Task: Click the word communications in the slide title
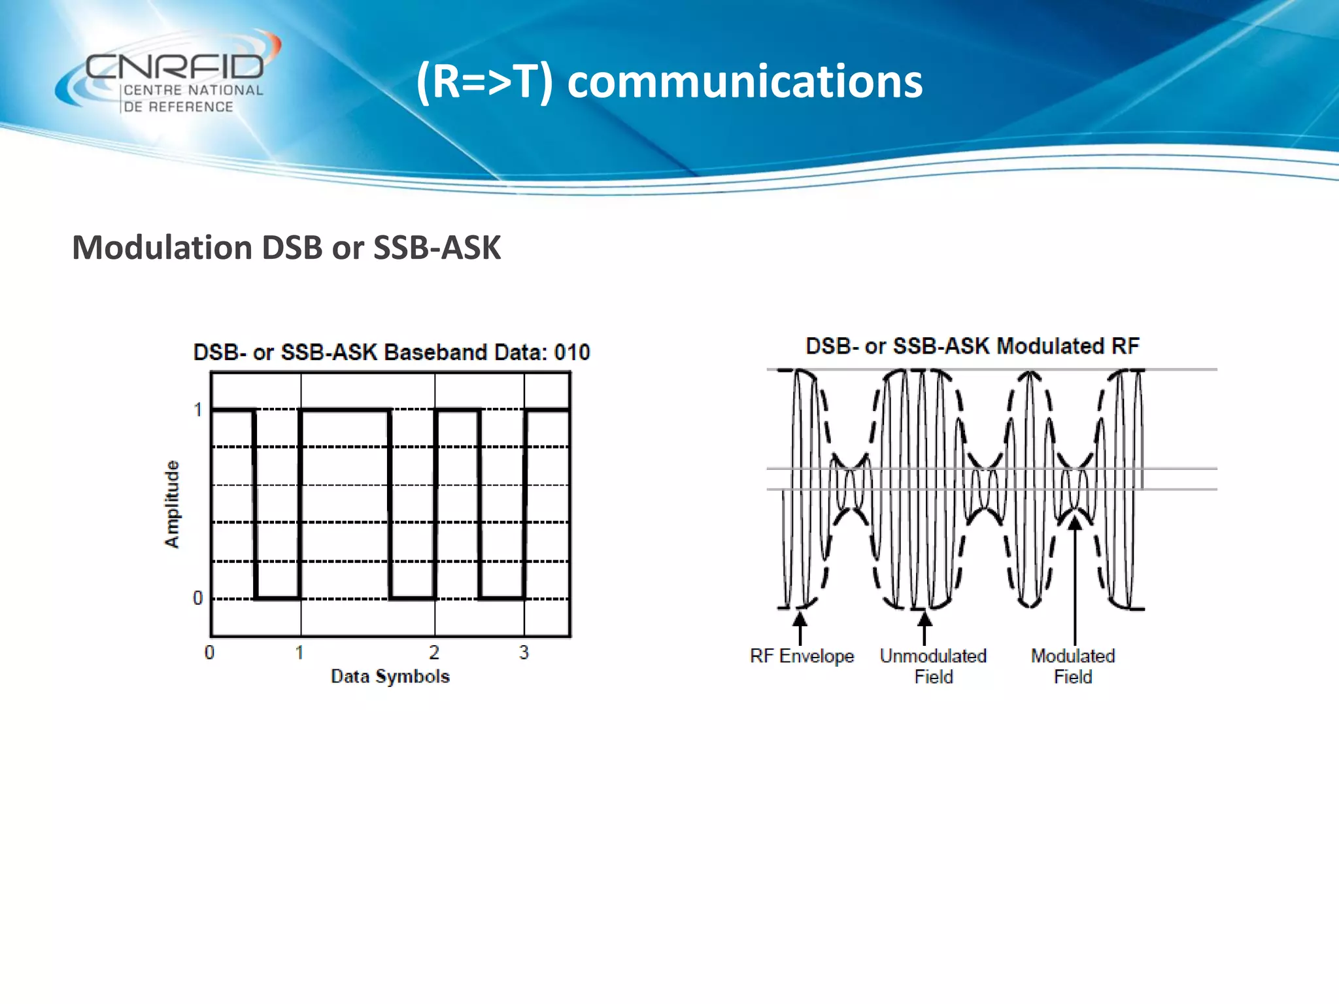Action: click(x=745, y=82)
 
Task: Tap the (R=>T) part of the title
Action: click(x=484, y=82)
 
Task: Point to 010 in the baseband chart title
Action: click(x=571, y=353)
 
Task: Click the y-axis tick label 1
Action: click(x=198, y=410)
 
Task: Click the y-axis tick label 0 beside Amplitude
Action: click(x=198, y=598)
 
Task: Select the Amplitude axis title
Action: click(x=171, y=504)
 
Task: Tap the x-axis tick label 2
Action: click(x=434, y=652)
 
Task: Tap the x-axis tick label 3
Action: click(x=524, y=652)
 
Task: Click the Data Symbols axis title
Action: click(x=390, y=677)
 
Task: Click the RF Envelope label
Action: click(x=802, y=656)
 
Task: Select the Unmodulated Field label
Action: click(x=933, y=666)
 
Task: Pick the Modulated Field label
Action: click(x=1073, y=666)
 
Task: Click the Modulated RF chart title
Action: click(x=972, y=346)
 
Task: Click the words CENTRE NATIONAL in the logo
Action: click(x=194, y=90)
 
